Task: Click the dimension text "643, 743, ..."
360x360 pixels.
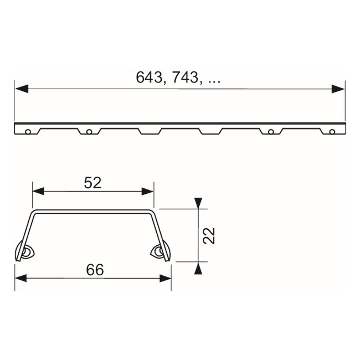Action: (x=178, y=78)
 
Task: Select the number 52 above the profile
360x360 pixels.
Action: (x=93, y=183)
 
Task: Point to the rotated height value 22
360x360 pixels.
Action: (x=209, y=235)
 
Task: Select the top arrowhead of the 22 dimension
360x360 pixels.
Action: (x=198, y=203)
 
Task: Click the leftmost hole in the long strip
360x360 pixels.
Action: (x=28, y=131)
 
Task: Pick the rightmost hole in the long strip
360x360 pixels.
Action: (x=332, y=131)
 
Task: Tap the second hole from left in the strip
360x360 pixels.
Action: (x=89, y=131)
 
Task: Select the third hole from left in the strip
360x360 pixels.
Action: (x=271, y=131)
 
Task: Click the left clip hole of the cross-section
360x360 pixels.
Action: (x=25, y=253)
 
